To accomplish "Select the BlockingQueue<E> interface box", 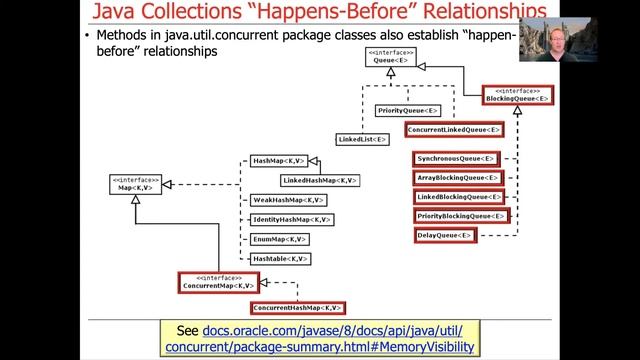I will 517,96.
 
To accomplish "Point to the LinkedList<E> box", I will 363,139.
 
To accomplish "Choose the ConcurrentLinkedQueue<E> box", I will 454,130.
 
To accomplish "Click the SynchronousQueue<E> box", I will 456,158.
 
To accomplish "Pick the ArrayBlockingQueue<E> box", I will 457,177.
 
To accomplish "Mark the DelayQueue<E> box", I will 445,236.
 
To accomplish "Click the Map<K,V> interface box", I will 135,184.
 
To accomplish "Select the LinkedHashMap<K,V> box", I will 318,180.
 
